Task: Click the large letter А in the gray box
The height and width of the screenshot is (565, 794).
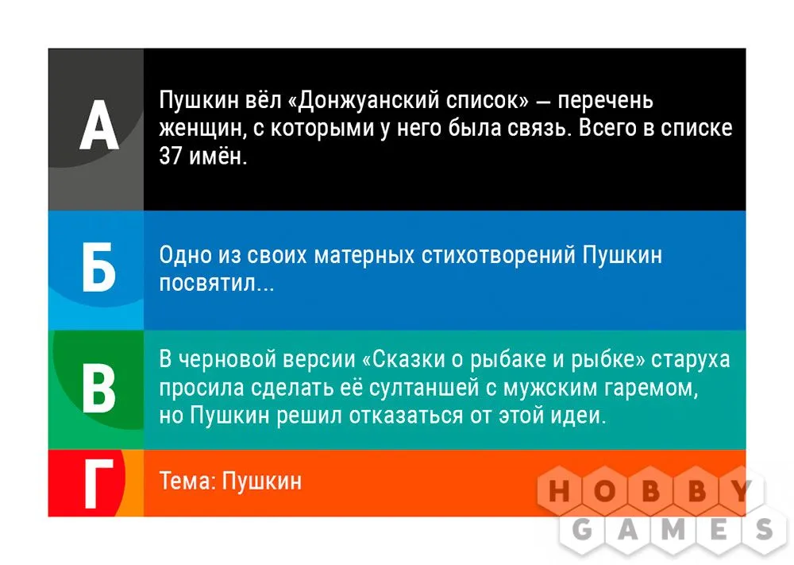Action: tap(99, 125)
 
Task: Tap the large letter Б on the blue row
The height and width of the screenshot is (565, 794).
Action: tap(99, 267)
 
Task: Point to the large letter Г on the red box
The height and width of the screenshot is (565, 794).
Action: tap(98, 483)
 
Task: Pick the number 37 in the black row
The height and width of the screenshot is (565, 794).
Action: tap(171, 156)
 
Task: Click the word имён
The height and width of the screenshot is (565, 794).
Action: tap(218, 156)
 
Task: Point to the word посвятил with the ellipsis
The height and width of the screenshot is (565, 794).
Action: tap(217, 283)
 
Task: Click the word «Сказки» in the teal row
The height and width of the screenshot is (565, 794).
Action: tap(403, 358)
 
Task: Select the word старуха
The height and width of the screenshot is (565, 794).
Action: tap(691, 360)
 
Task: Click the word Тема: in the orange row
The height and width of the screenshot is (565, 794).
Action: tap(187, 481)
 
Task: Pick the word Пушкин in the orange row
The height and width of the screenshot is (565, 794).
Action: tap(262, 482)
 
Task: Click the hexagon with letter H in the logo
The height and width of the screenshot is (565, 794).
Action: tap(559, 491)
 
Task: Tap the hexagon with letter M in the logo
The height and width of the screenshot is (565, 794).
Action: tap(673, 530)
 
